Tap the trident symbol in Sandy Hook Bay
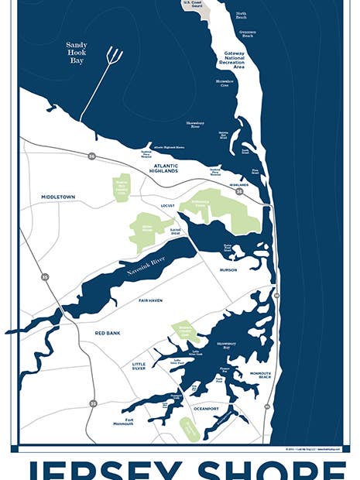tap(113, 57)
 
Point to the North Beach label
tap(241, 15)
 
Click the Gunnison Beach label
tap(248, 33)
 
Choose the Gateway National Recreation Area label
tap(235, 60)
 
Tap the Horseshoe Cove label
tap(225, 82)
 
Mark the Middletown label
tap(58, 197)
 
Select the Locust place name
tap(168, 207)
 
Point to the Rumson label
tap(229, 270)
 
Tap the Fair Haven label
tap(150, 300)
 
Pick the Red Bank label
tap(109, 332)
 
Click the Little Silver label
tap(139, 366)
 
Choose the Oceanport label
tap(207, 408)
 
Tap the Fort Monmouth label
tap(123, 422)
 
